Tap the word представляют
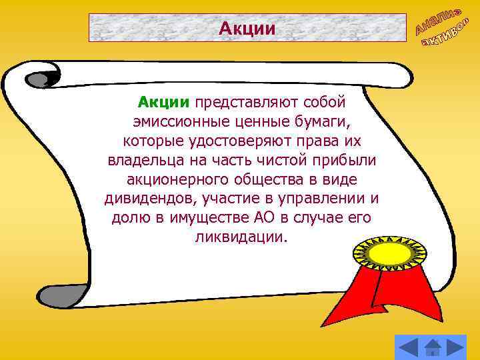[x=246, y=103]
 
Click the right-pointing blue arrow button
[x=455, y=347]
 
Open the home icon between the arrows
[x=433, y=347]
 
